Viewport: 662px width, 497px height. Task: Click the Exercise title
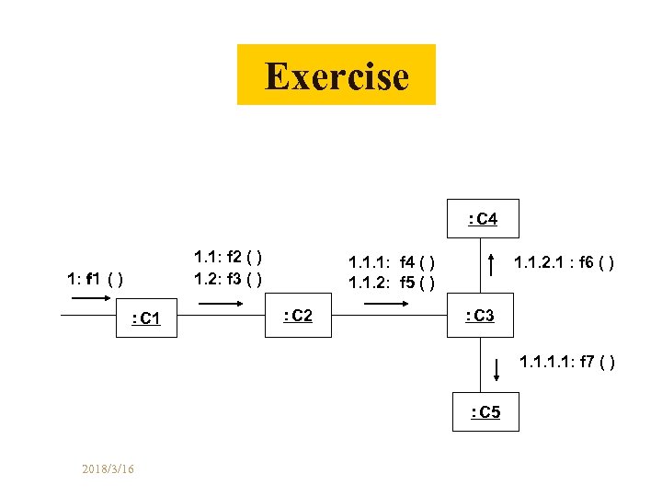(x=337, y=75)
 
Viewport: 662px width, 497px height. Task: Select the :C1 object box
(x=146, y=318)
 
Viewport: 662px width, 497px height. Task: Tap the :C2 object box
(x=298, y=316)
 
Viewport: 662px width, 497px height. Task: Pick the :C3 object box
(x=480, y=316)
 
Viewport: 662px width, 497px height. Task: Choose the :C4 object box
(x=484, y=219)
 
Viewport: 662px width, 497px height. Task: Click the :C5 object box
(x=485, y=412)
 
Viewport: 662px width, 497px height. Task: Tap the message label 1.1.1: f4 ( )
(x=391, y=262)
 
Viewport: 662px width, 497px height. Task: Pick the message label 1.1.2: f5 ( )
(x=391, y=282)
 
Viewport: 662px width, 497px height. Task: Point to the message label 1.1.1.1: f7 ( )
(x=567, y=362)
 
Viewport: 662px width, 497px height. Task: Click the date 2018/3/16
(x=108, y=469)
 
